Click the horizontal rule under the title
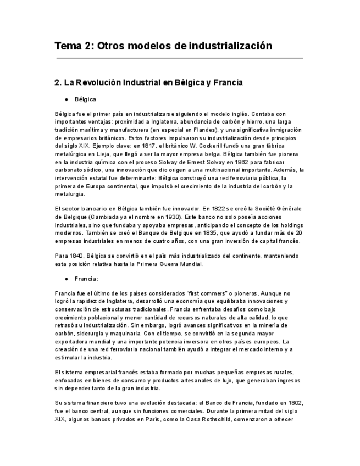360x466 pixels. coord(179,58)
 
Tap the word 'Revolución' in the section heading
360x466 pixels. coord(93,82)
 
